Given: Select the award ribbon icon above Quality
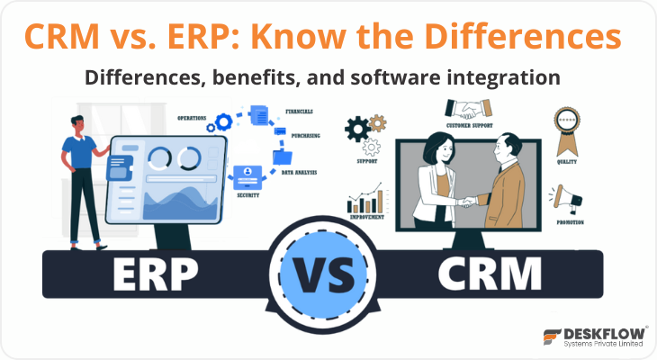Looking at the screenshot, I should point(566,127).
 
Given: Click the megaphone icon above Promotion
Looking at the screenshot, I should point(567,197).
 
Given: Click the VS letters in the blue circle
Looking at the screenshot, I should point(327,271).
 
